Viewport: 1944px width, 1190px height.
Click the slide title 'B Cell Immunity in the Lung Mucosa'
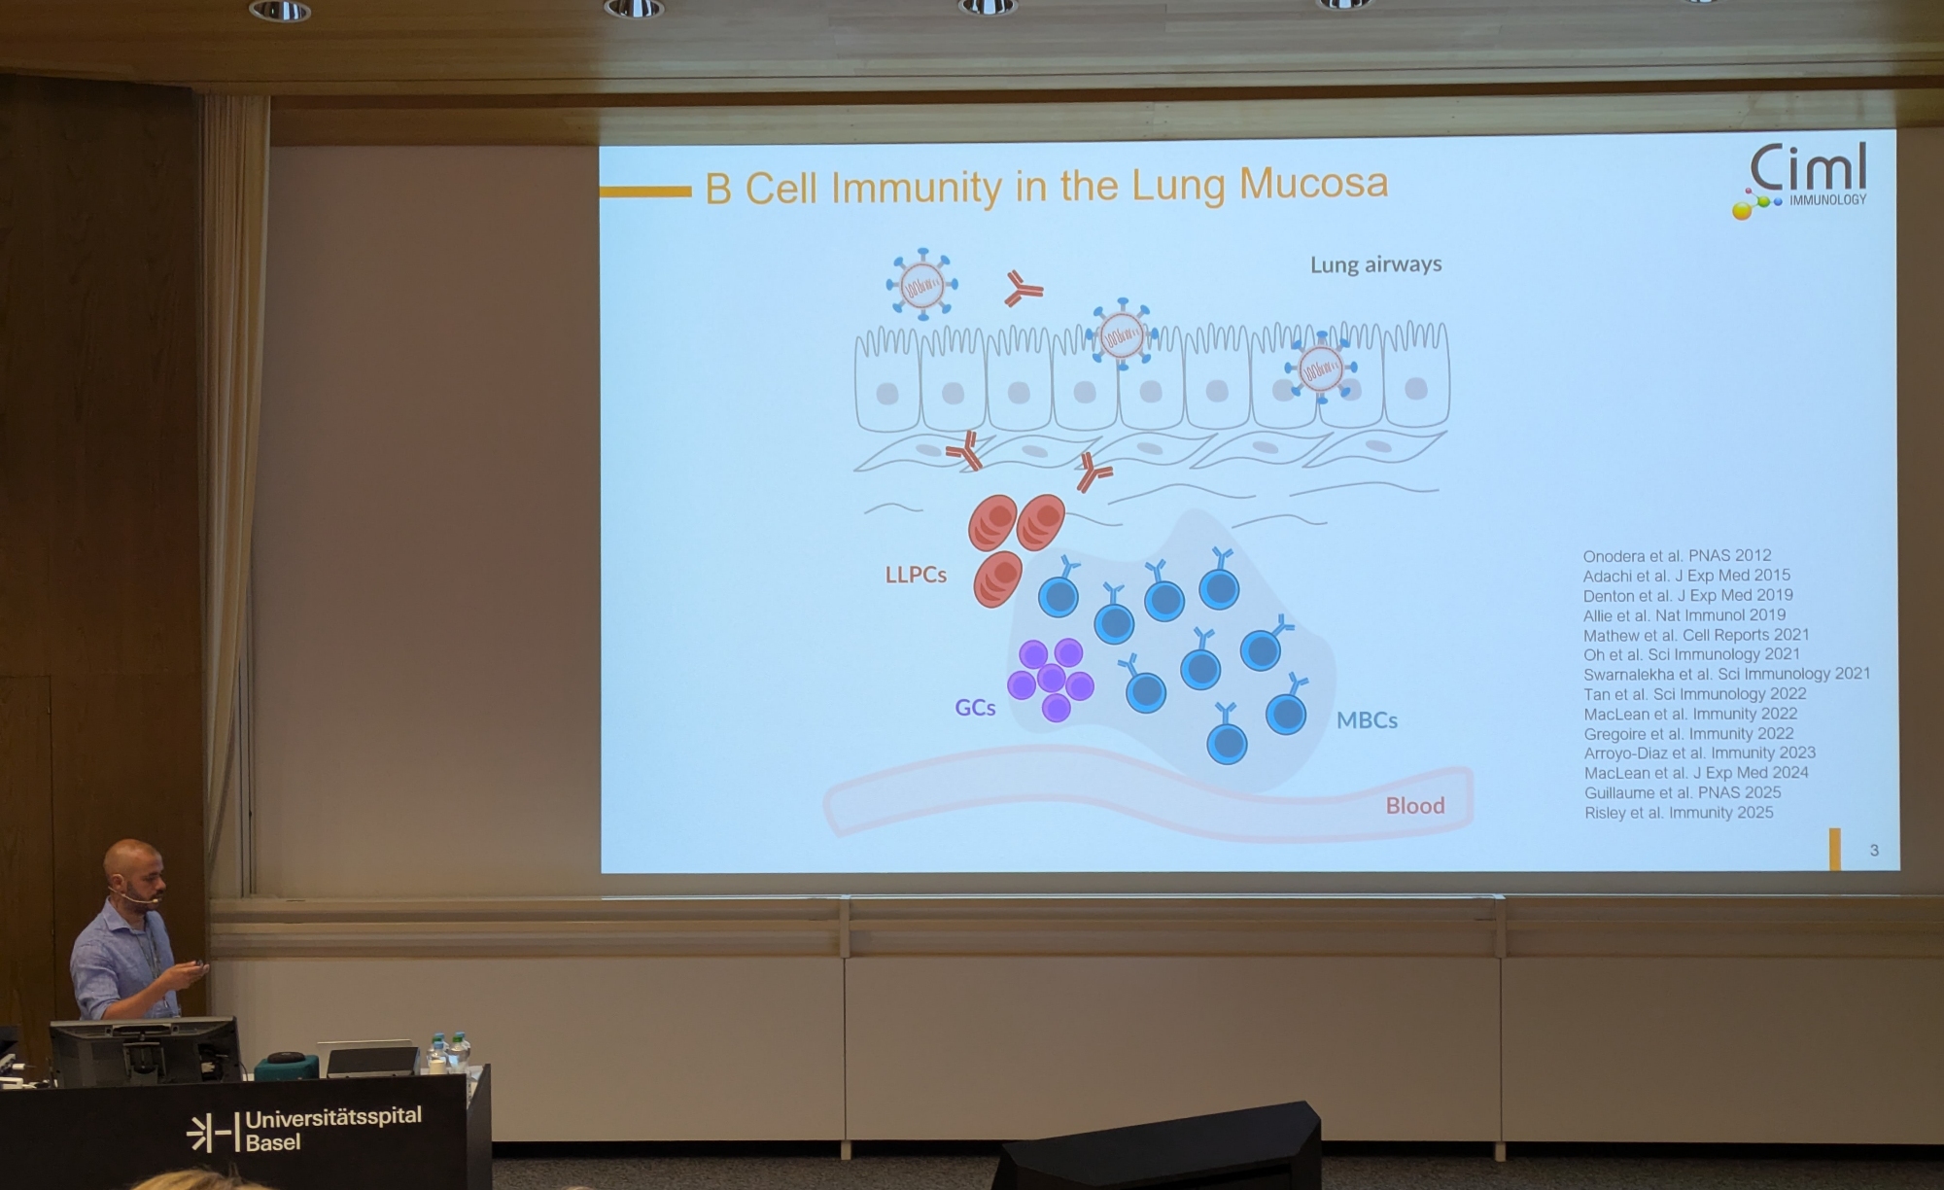tap(1047, 186)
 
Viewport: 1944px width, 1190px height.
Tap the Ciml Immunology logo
tap(1800, 181)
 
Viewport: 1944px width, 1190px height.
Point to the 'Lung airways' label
tap(1375, 264)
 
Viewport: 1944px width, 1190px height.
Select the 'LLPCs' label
tap(916, 575)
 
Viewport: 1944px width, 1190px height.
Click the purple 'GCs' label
tap(975, 708)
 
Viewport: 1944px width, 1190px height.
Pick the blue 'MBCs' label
tap(1367, 720)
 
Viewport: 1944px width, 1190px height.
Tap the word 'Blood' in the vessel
tap(1415, 805)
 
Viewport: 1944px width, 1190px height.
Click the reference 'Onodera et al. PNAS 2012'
tap(1677, 556)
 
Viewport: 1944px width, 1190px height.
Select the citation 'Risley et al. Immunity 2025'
tap(1679, 813)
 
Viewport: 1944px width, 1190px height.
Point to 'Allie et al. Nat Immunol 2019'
tap(1684, 615)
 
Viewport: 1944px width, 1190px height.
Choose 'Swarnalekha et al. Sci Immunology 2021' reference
tap(1726, 674)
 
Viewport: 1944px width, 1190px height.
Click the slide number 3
tap(1874, 851)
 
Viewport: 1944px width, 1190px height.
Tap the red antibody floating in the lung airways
tap(1023, 289)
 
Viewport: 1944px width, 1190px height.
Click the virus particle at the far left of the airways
tap(921, 284)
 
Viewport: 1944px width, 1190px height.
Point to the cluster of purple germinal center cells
tap(1051, 680)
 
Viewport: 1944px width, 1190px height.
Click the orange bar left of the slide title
tap(645, 192)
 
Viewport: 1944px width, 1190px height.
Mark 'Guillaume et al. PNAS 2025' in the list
tap(1683, 793)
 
